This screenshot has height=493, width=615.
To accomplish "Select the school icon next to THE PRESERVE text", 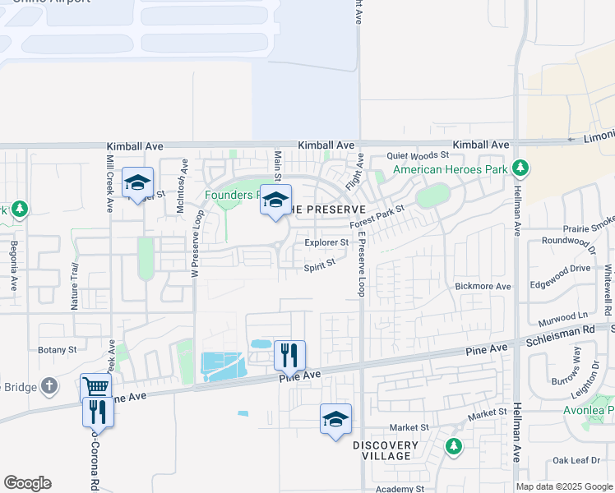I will (276, 200).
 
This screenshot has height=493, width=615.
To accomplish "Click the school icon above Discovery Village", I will (335, 418).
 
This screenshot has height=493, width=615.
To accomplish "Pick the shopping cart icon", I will (96, 385).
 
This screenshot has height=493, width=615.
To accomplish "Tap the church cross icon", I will (49, 385).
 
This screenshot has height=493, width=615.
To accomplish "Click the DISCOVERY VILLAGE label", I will (386, 450).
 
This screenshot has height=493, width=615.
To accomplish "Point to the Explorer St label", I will (326, 242).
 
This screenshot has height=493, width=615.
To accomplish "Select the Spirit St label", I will (320, 265).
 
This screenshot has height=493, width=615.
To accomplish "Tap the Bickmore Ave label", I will (483, 286).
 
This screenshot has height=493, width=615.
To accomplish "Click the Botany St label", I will (58, 349).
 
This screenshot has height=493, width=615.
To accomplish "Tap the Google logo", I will (27, 483).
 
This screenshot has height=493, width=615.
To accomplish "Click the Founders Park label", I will (232, 196).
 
